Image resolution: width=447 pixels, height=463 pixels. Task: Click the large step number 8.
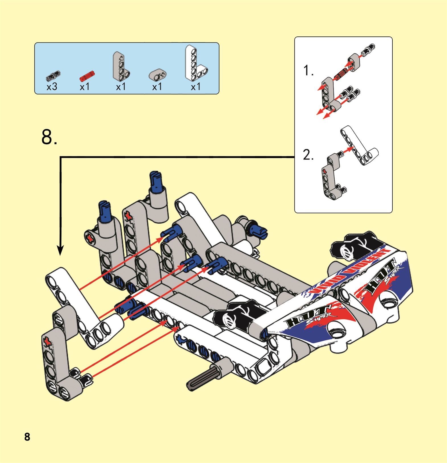click(49, 137)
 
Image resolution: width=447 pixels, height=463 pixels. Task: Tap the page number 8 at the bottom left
click(27, 437)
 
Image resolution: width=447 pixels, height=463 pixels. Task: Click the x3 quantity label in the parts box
click(52, 87)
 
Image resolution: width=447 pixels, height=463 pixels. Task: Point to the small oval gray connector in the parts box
click(158, 75)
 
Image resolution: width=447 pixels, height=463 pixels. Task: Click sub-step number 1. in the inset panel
click(308, 70)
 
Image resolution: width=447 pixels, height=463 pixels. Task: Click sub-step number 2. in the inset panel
click(308, 155)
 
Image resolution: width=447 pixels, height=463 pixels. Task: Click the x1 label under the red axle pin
click(85, 87)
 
